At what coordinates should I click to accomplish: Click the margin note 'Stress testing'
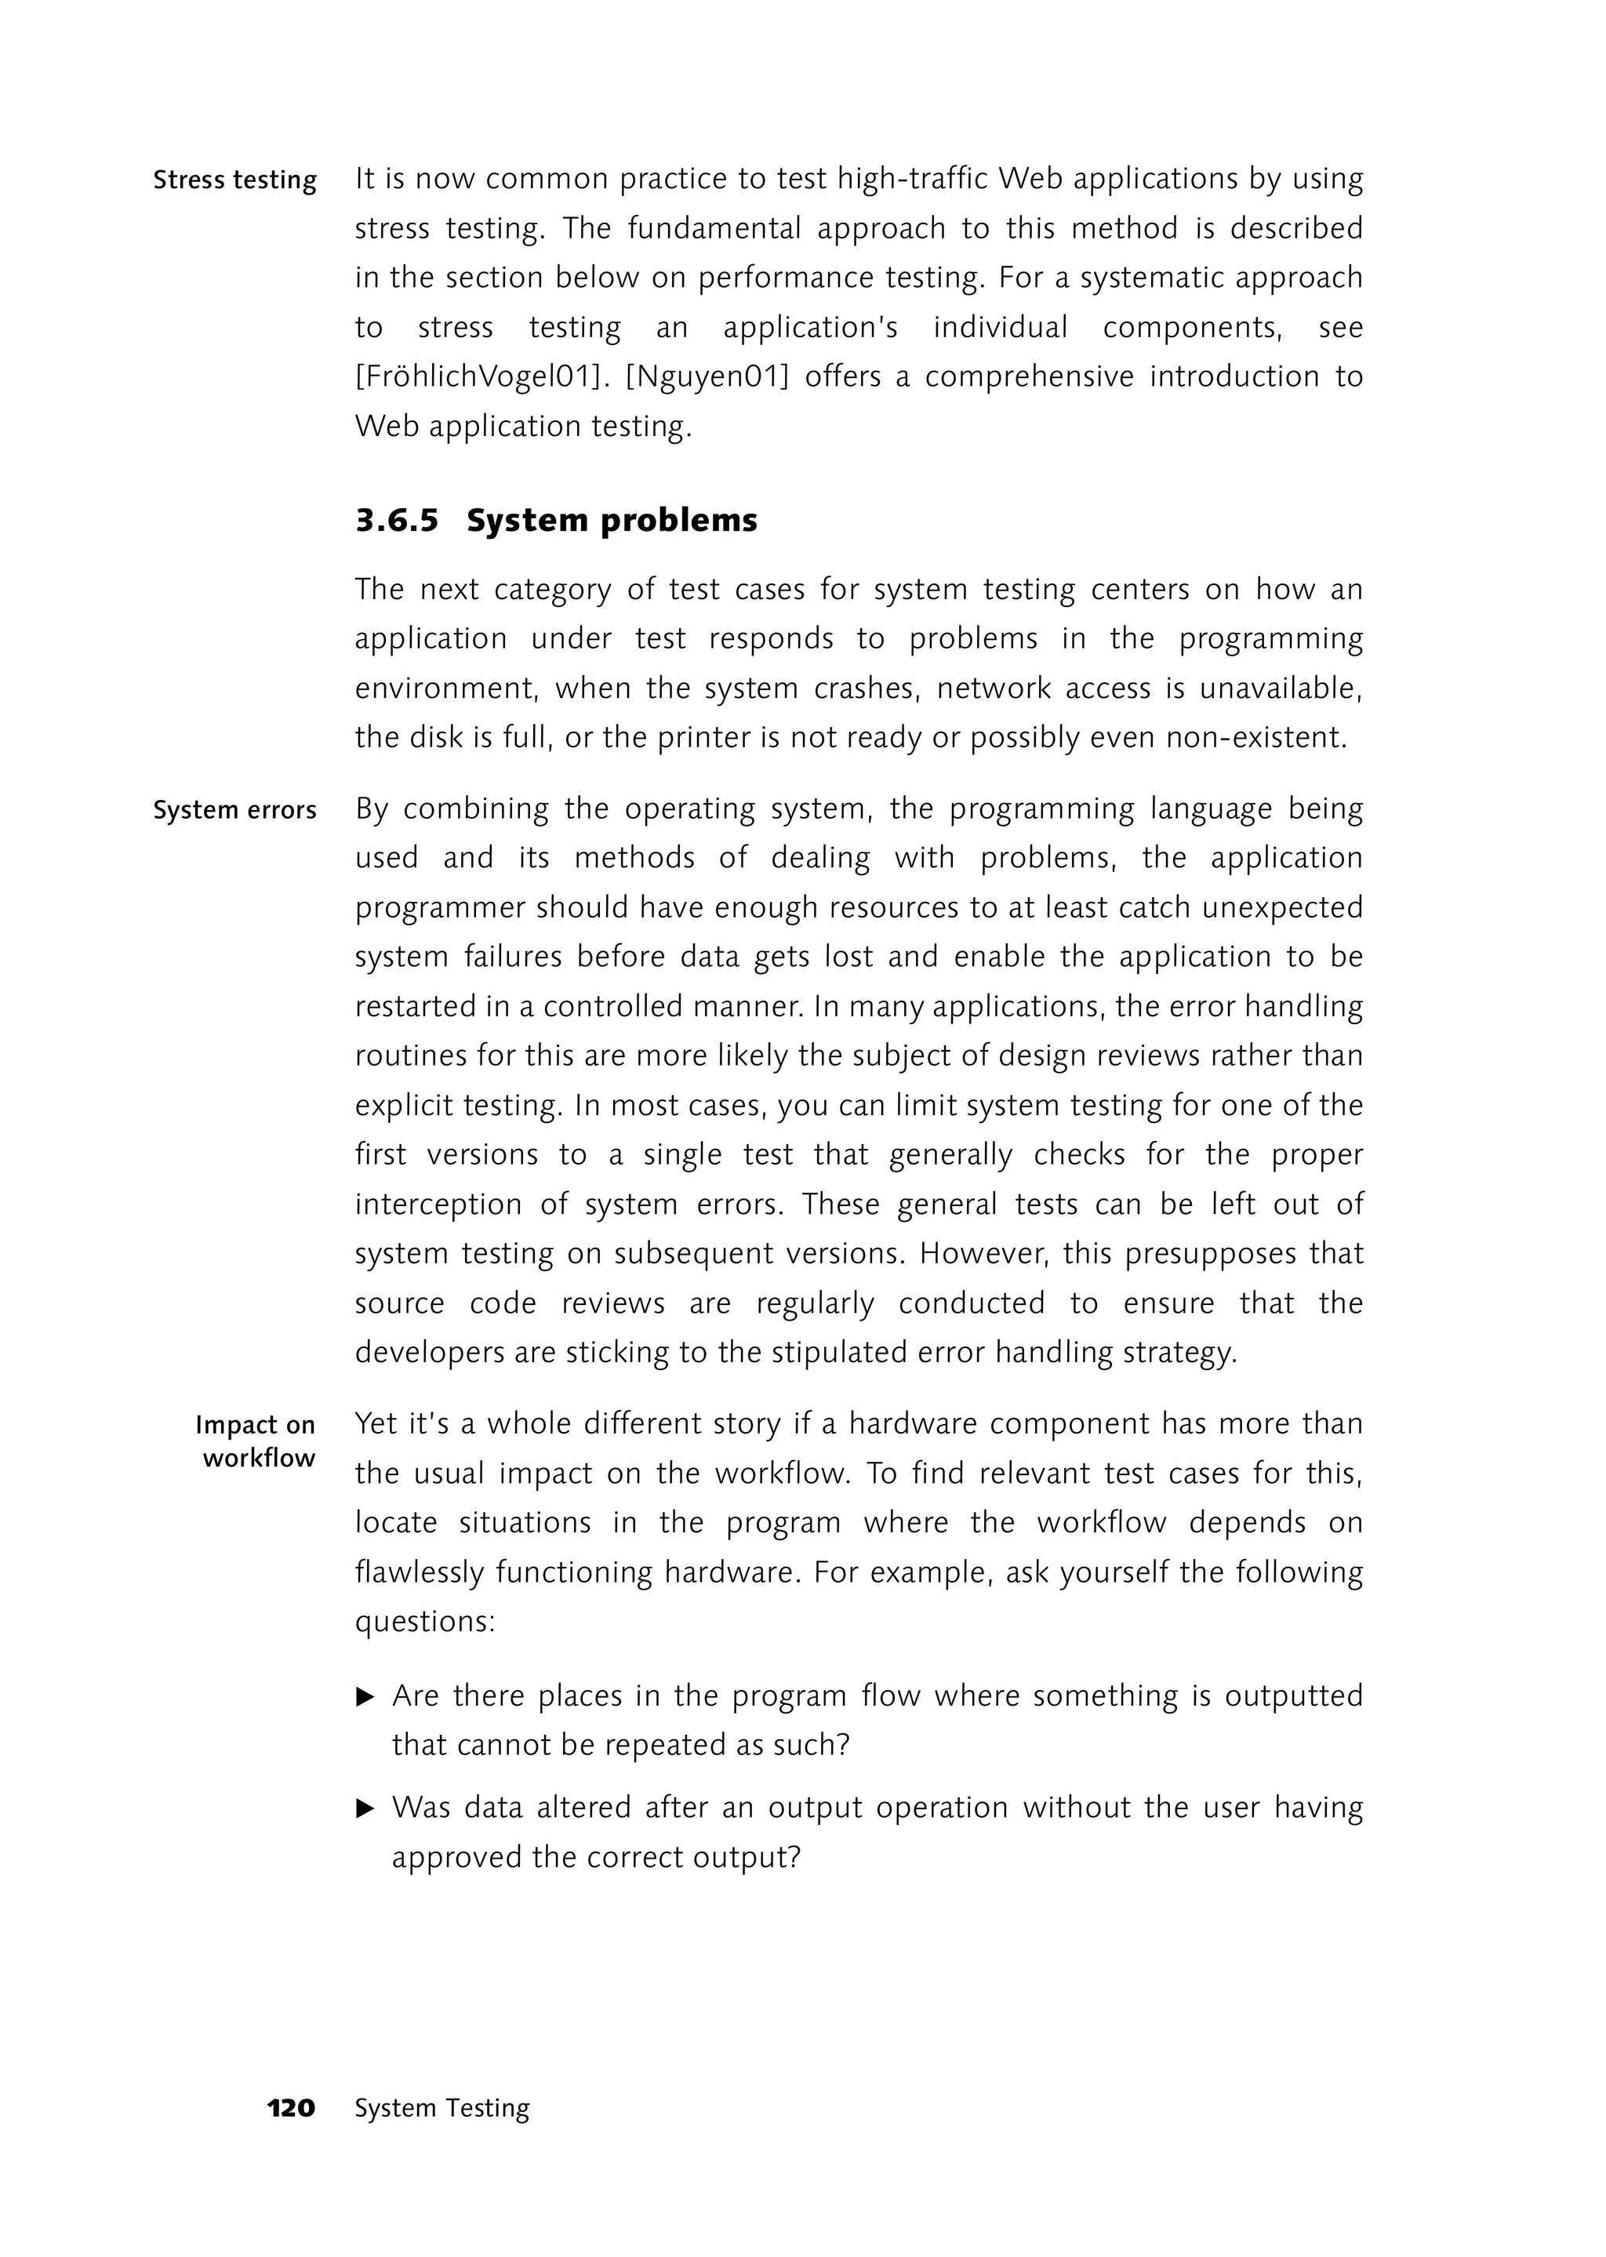coord(234,180)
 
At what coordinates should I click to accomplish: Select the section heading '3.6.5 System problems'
coord(556,520)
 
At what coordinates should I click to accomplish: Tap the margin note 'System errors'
coord(234,810)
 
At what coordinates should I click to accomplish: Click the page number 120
coord(291,2108)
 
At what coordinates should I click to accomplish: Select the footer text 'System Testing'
coord(442,2108)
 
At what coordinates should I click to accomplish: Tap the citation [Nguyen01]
coord(707,377)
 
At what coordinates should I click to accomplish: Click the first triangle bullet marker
coord(365,1697)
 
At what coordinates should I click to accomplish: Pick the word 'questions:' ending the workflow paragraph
coord(425,1622)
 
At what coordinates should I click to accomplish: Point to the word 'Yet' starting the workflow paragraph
coord(376,1423)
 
